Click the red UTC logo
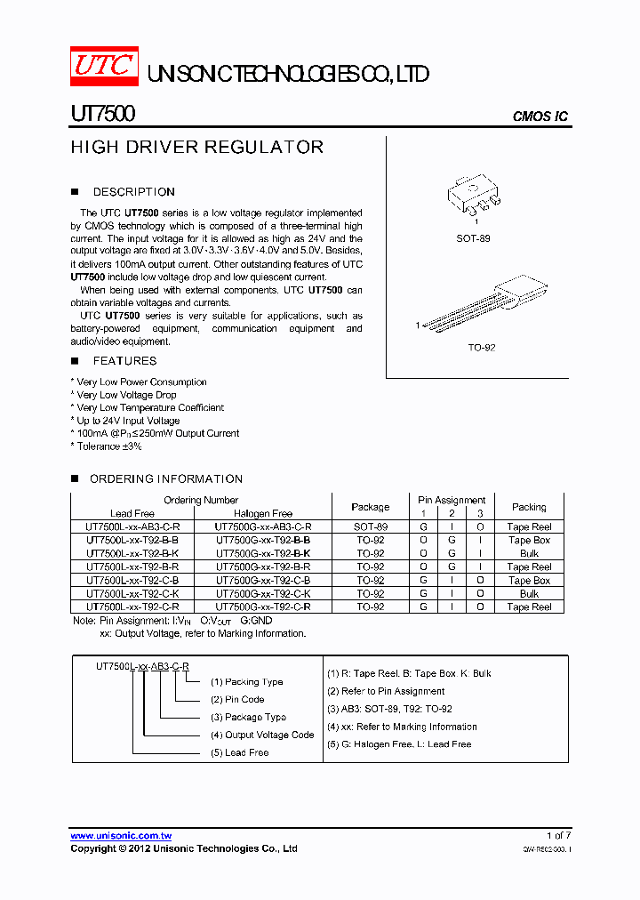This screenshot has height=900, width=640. point(104,66)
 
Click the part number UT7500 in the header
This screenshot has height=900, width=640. point(102,116)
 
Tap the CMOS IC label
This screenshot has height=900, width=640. point(540,117)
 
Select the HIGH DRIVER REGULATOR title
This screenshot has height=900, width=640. point(196,148)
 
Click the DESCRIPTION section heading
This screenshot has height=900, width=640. point(133,192)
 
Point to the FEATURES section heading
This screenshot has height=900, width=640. point(124,361)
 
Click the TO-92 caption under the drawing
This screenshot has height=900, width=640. point(480,347)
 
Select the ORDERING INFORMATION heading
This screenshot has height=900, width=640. point(164,479)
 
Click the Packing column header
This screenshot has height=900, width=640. point(529,507)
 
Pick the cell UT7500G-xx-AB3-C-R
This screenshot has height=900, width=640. point(263,527)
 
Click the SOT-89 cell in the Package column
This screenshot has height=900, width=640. point(370,527)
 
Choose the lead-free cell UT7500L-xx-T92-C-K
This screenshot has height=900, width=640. point(132,594)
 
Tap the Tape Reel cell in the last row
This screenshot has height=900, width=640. point(529,607)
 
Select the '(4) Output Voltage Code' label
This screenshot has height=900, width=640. point(262,735)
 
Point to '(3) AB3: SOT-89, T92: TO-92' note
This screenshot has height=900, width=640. point(389,709)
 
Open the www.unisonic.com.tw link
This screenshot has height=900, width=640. point(121,836)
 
